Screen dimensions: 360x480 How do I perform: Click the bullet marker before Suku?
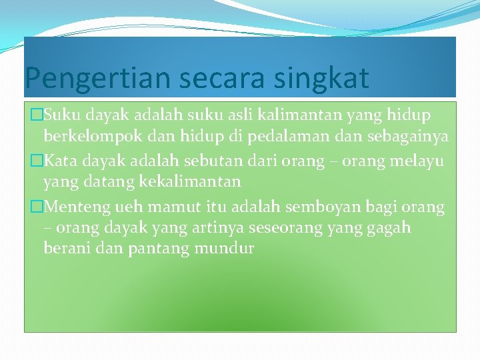point(37,116)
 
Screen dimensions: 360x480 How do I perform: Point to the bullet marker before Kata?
point(37,161)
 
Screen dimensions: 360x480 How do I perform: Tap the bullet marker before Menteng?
point(37,207)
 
